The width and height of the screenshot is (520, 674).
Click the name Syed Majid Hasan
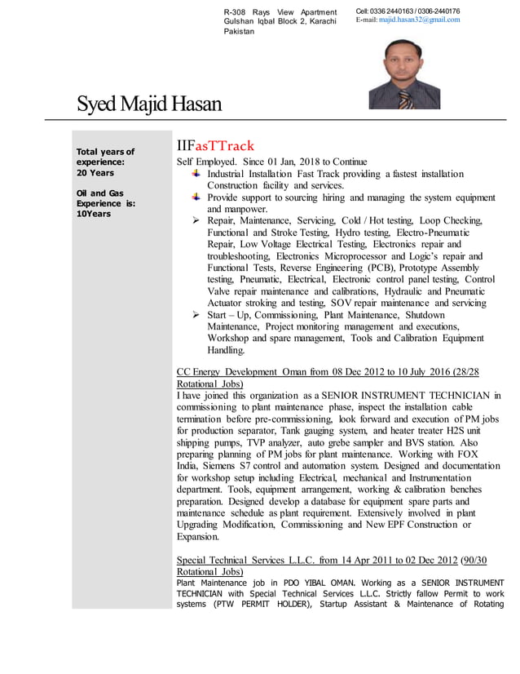[x=149, y=104]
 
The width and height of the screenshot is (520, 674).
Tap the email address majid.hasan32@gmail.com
[x=419, y=20]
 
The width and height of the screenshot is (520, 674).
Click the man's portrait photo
[x=404, y=74]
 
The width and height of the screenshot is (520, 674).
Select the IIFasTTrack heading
[x=215, y=146]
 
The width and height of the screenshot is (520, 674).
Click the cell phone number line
[x=408, y=11]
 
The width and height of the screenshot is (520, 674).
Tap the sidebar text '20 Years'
[x=95, y=173]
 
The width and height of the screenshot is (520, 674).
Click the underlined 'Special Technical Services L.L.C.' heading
[x=266, y=561]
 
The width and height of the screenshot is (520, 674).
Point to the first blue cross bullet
[x=196, y=174]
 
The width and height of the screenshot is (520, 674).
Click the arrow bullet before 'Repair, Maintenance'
[x=196, y=221]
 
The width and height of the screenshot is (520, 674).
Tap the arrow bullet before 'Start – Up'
[x=196, y=316]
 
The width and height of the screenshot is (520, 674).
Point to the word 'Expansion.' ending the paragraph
[x=198, y=538]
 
